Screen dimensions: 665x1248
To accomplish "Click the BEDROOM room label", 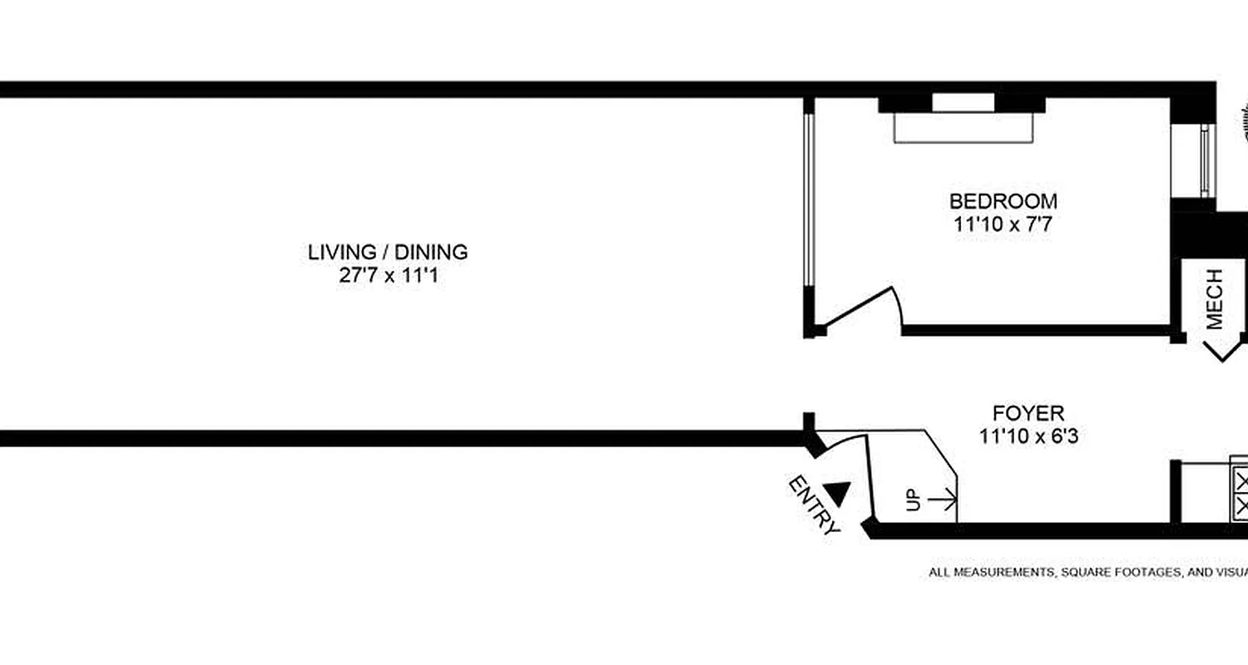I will (1003, 201).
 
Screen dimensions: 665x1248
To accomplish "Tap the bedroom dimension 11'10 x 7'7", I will (1003, 223).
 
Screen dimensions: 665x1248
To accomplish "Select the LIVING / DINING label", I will (388, 252).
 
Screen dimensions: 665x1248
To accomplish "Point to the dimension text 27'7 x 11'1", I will (388, 275).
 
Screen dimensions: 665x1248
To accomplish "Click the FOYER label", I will (1028, 413).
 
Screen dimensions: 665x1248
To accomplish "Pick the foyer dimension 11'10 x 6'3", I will (1028, 436).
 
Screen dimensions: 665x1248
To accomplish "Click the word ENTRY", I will (813, 505).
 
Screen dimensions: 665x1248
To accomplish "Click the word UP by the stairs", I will (913, 500).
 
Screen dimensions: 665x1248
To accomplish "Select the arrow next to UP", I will (943, 500).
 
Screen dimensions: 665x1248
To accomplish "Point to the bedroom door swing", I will (865, 308).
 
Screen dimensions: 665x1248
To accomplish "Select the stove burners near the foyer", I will (1241, 494).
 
